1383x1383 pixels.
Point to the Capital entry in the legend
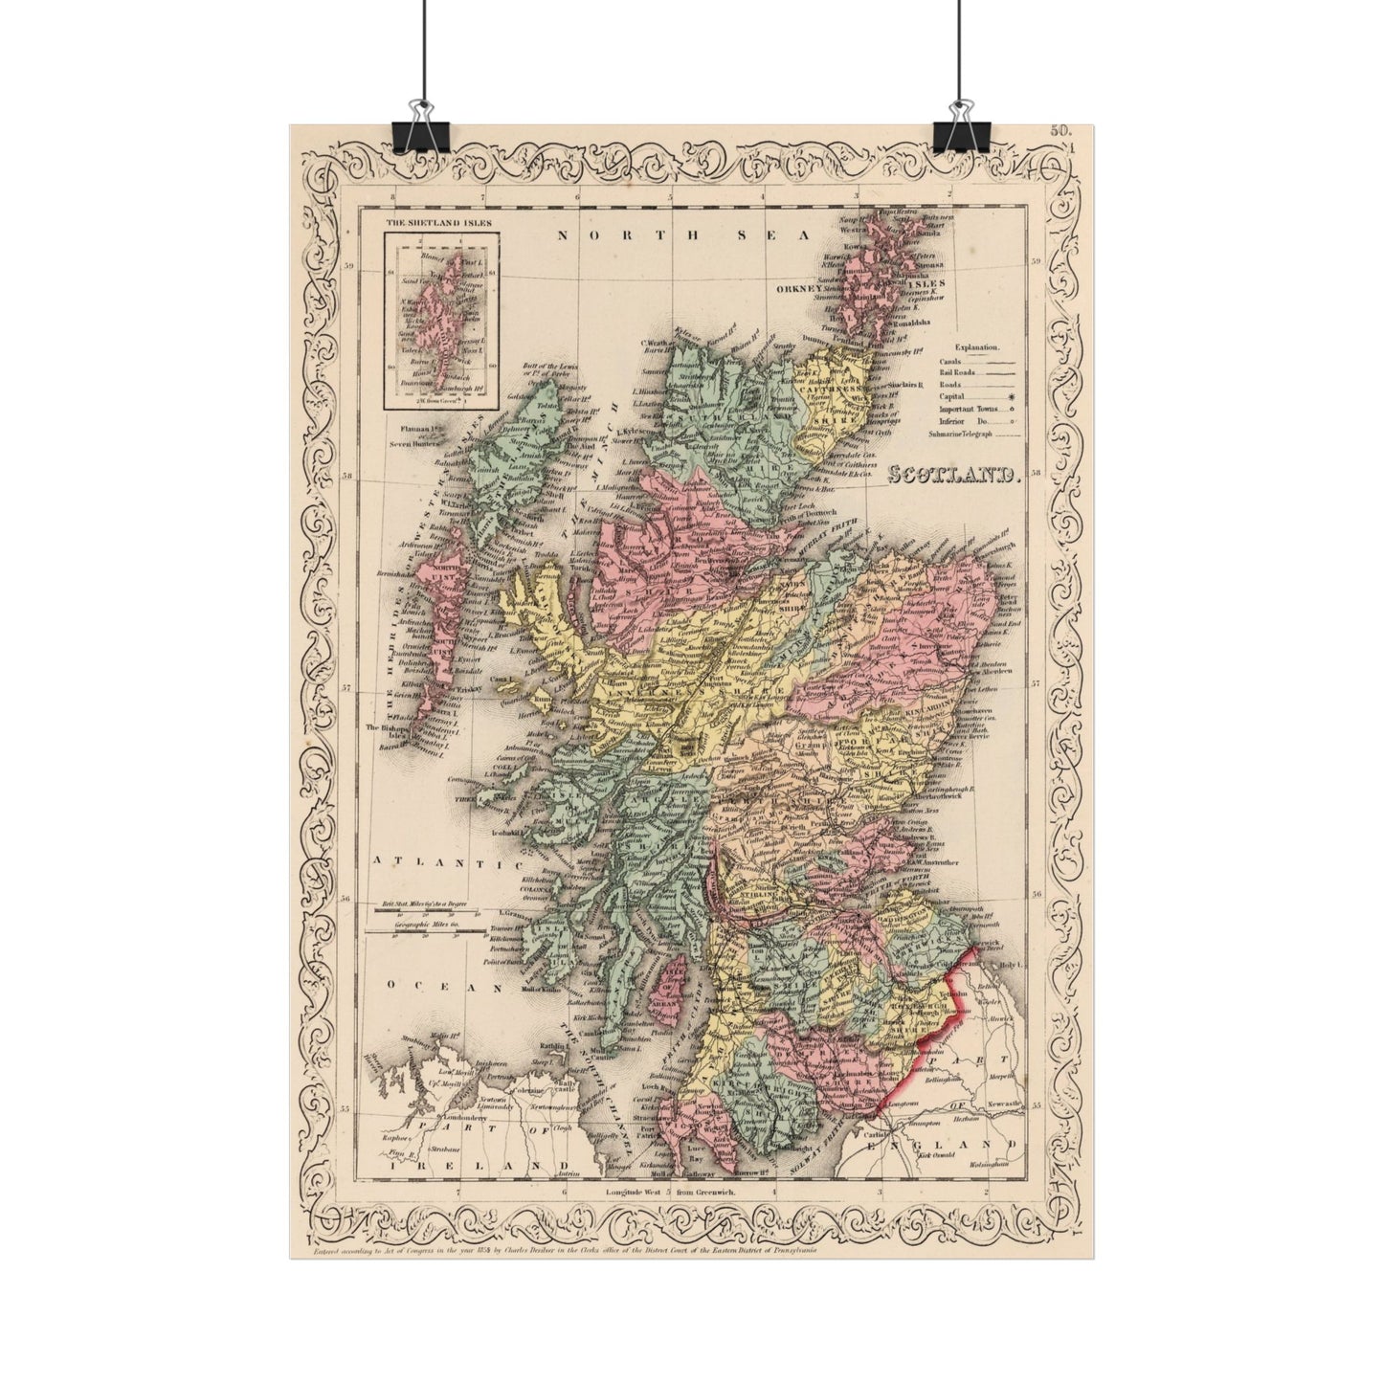coord(951,396)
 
